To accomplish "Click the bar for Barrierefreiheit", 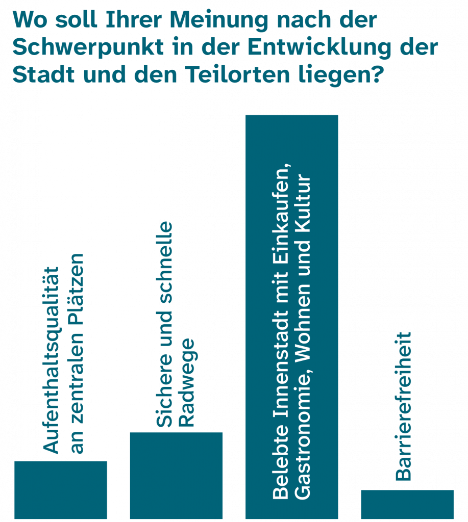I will click(407, 504).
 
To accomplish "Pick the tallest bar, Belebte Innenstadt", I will click(292, 306).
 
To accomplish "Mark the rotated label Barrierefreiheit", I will click(403, 406).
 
